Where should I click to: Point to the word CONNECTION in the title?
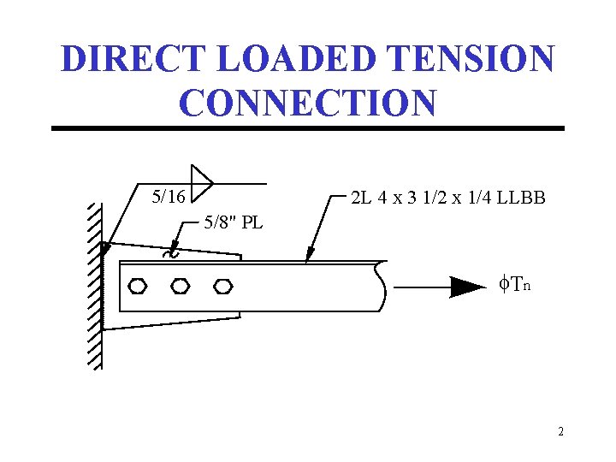(x=308, y=102)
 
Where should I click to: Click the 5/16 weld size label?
(x=168, y=197)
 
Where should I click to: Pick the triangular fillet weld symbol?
(x=202, y=181)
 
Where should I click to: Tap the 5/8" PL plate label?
(x=233, y=224)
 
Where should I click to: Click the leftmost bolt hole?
(x=137, y=286)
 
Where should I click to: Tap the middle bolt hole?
(x=180, y=286)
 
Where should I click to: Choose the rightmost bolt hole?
(x=223, y=286)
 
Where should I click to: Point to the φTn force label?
(x=514, y=283)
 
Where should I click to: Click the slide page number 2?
(x=560, y=432)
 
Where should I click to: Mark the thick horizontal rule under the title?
(x=308, y=128)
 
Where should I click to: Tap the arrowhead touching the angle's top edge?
(x=310, y=254)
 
